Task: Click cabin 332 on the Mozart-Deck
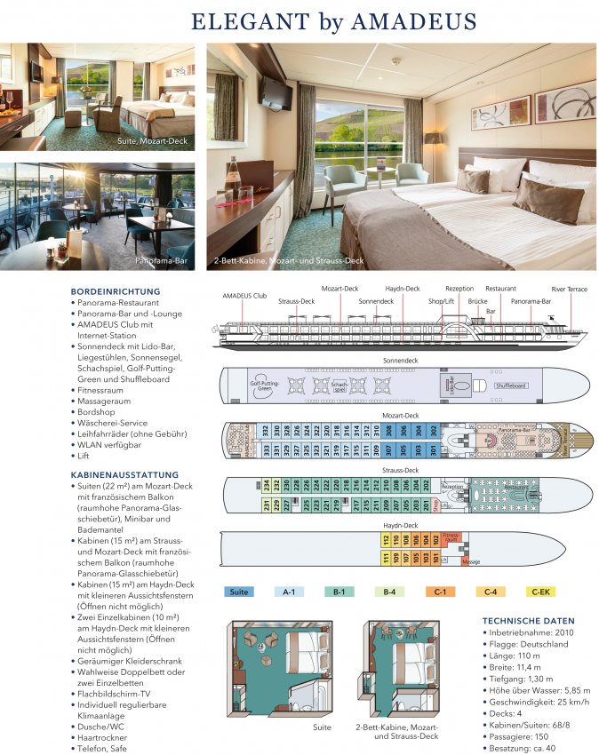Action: coord(265,431)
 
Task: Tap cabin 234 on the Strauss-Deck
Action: coord(265,485)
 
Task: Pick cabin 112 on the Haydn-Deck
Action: coord(385,539)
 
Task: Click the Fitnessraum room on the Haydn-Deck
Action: coord(451,538)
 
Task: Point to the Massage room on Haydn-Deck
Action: coord(471,561)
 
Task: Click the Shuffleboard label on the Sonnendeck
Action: coord(511,385)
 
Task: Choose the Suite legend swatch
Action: coord(239,592)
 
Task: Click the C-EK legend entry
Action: coord(540,592)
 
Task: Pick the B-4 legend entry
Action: coord(390,592)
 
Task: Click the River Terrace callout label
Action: coord(569,289)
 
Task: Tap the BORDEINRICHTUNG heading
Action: coord(116,290)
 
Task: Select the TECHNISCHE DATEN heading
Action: coord(528,621)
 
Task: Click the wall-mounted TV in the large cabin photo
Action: coord(276,92)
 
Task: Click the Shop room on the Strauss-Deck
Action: coord(435,505)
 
